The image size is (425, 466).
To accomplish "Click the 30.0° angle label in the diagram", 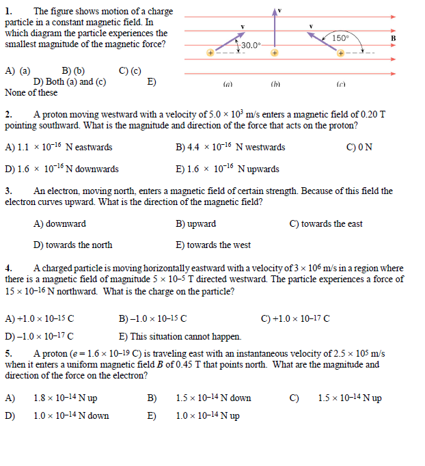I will [x=251, y=45].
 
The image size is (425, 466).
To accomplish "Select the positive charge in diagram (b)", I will [x=274, y=52].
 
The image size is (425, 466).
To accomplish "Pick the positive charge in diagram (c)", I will [x=340, y=52].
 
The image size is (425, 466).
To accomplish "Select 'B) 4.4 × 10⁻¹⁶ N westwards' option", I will [x=230, y=148].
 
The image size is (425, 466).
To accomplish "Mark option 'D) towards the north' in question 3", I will [x=73, y=245].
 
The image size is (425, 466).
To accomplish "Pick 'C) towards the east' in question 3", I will [x=326, y=224].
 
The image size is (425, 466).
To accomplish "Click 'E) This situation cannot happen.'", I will [x=180, y=336].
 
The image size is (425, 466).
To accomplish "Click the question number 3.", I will [x=8, y=191].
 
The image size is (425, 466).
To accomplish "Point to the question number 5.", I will [x=8, y=354].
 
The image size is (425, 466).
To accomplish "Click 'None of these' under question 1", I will [x=31, y=92].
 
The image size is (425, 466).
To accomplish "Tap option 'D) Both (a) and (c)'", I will [x=64, y=81].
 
